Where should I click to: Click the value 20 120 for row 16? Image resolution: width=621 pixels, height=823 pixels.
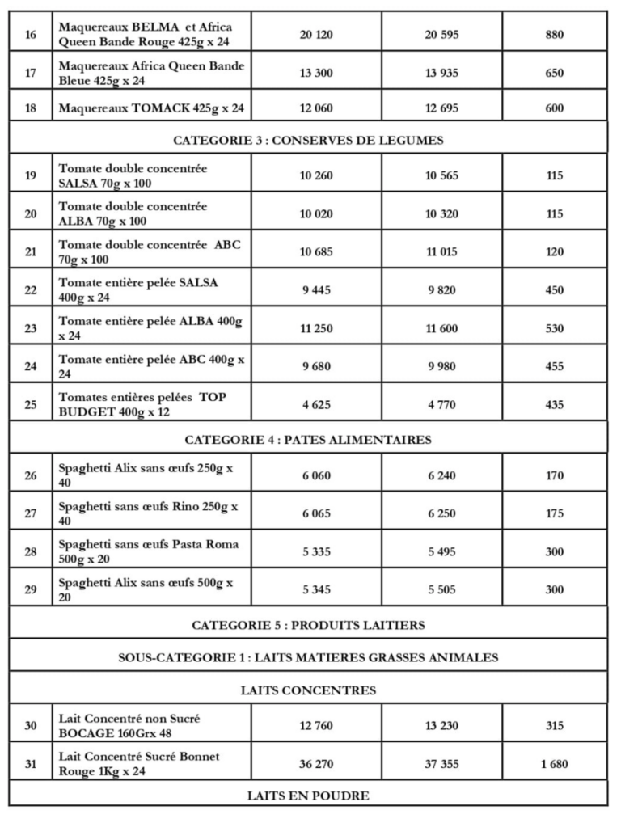316,35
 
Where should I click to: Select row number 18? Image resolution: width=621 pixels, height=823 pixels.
31,108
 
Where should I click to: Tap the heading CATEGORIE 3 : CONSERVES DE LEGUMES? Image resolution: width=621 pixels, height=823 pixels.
308,141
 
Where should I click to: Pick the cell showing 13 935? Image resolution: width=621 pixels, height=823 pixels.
441,73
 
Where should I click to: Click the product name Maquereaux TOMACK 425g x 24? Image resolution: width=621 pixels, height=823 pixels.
151,108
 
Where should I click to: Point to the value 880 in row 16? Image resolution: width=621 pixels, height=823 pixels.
555,35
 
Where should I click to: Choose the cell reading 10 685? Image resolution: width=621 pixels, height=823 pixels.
316,252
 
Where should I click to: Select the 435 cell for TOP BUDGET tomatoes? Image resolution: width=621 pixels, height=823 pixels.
555,405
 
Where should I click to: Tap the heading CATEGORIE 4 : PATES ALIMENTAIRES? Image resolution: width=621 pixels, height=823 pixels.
308,440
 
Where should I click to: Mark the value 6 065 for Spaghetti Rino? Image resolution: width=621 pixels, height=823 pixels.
316,513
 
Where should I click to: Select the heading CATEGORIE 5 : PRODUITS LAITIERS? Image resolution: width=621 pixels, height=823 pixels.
308,625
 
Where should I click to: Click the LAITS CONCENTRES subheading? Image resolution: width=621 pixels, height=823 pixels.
308,690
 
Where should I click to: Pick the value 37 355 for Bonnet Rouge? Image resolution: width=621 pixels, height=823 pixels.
441,764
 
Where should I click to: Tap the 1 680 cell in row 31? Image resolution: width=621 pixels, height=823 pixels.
555,764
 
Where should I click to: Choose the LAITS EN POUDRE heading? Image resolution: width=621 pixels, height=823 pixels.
308,796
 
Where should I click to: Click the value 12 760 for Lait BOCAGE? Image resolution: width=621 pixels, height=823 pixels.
316,726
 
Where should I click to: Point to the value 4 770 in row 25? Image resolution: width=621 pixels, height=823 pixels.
441,405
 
